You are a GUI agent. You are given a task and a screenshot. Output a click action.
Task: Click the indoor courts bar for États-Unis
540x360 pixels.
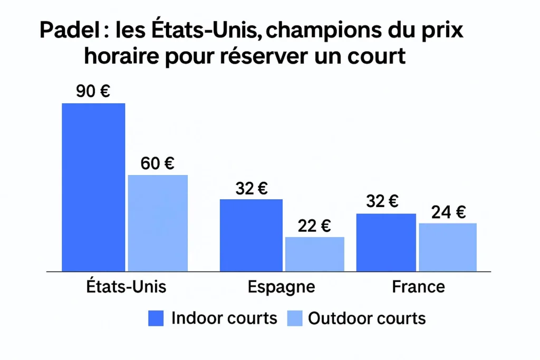click(x=93, y=187)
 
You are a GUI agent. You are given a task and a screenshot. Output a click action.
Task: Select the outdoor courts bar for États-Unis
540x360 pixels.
click(x=158, y=223)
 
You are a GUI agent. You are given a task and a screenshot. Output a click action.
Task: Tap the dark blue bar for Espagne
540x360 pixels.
click(x=251, y=235)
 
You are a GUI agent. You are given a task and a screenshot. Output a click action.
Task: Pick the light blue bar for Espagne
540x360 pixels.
click(x=315, y=254)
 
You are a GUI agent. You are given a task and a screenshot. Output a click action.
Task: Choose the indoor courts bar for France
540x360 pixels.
click(x=386, y=242)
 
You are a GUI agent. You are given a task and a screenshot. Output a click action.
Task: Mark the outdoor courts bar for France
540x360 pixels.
click(x=448, y=247)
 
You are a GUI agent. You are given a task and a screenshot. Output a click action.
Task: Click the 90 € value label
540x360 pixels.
click(x=93, y=92)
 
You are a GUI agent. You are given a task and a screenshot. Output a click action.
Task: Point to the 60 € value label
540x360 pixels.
click(x=158, y=163)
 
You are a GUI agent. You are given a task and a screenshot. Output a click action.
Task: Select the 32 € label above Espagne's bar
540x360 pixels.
click(x=251, y=188)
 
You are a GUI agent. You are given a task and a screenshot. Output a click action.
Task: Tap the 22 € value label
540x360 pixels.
click(x=314, y=226)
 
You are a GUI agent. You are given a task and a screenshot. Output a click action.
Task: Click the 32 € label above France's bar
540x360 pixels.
click(x=382, y=201)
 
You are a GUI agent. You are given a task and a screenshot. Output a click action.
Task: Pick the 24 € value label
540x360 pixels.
click(x=448, y=212)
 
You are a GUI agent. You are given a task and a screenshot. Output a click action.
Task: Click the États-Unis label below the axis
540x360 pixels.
click(x=126, y=287)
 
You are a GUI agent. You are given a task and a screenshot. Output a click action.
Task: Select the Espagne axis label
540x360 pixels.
click(x=281, y=287)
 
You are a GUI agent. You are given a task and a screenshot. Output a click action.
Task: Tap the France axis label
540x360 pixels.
click(x=418, y=287)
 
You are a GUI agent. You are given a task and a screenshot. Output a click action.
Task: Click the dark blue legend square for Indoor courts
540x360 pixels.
click(x=156, y=318)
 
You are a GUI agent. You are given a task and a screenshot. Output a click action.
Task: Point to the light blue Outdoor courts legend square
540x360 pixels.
click(x=294, y=318)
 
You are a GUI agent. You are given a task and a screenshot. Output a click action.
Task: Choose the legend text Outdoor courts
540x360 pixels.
click(x=367, y=318)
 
